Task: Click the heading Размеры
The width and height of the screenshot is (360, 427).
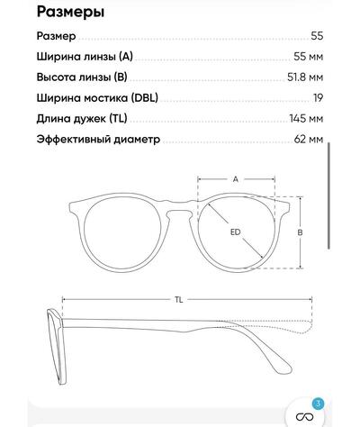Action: (70, 13)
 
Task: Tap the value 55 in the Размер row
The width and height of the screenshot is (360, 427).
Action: (317, 36)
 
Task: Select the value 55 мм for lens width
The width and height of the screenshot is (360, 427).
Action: (309, 57)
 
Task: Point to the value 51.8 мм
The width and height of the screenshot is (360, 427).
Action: (305, 77)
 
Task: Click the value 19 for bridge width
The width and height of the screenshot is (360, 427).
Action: (319, 98)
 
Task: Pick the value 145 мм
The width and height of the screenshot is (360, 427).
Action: (307, 119)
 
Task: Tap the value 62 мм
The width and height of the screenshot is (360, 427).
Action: (309, 140)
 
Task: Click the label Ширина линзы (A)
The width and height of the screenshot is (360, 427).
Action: (85, 57)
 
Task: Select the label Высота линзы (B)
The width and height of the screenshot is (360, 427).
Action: (82, 77)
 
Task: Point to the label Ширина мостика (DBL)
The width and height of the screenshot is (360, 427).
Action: (97, 98)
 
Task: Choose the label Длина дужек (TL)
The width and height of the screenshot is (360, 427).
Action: (82, 119)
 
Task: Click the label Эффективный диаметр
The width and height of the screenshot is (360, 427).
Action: (98, 140)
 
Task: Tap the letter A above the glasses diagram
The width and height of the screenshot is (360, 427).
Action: (236, 179)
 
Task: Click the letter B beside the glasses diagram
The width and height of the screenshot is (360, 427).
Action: (300, 232)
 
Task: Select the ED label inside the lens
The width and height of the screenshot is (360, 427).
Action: (236, 232)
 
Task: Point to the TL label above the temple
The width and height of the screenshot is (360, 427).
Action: (179, 300)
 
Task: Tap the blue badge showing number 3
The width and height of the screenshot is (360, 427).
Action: (319, 404)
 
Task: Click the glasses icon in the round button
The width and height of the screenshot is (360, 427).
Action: (304, 416)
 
